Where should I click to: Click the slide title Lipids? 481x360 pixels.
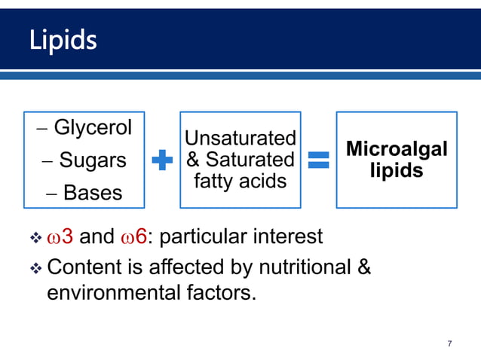tap(63, 39)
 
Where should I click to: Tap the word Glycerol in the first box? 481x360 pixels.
tap(92, 127)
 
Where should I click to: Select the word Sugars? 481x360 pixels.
tap(93, 160)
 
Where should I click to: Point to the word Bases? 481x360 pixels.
tap(93, 193)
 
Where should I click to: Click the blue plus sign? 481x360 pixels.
tap(162, 160)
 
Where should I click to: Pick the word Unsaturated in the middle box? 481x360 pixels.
tap(240, 139)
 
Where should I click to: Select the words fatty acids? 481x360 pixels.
tap(240, 181)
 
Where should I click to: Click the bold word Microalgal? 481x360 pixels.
tap(396, 149)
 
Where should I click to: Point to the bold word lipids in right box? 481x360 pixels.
tap(396, 171)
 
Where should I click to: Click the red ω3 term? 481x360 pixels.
tap(60, 238)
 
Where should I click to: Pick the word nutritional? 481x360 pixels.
tap(302, 267)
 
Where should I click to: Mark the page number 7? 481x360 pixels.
tap(449, 344)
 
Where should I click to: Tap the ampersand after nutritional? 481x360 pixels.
tap(364, 267)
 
